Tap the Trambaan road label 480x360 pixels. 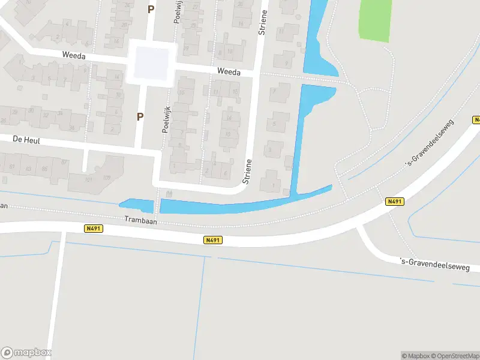140,220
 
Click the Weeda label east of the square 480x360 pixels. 229,72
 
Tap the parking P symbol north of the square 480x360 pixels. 151,9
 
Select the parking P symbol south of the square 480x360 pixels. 140,117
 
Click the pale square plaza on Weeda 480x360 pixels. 151,62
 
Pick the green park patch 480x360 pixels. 375,20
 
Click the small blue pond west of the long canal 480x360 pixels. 137,205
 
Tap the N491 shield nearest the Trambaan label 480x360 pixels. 93,229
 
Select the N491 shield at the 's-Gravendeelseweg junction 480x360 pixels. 394,202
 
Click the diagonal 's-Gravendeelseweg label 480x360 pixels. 430,142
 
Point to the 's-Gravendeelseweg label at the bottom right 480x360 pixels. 440,264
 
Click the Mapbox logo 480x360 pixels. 26,353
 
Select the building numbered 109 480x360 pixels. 107,178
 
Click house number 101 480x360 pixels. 88,179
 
